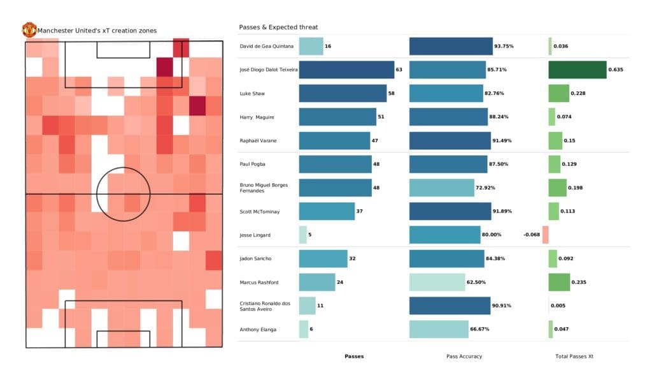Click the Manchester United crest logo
[29, 29]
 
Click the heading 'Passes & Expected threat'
[278, 27]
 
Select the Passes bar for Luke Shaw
[343, 93]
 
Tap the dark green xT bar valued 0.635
[577, 70]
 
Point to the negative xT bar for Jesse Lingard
[545, 235]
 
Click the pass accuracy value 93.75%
[504, 46]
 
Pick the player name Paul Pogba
[253, 164]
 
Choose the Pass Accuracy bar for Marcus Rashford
[448, 282]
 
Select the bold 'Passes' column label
[354, 356]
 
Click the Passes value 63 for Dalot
[399, 70]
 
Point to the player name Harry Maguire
[257, 117]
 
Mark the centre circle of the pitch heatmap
[123, 194]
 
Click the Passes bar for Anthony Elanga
[303, 329]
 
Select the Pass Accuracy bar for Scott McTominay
[450, 211]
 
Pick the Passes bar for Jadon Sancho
[323, 258]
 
